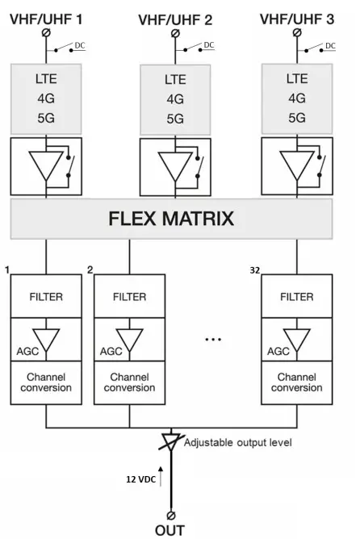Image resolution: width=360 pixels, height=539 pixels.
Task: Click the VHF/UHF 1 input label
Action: coord(46,16)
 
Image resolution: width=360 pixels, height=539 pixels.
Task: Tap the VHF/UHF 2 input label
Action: coord(175,16)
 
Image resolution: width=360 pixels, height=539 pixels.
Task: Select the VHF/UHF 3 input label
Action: coord(298,16)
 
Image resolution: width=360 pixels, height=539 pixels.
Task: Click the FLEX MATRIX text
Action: coord(172,217)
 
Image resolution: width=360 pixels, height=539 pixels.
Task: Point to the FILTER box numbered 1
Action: coord(46,296)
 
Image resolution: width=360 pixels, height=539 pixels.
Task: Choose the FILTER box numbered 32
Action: coord(296,296)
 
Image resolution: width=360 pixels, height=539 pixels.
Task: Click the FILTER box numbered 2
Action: coord(130,296)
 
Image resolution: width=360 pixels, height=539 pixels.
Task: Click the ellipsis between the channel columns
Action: coord(213,340)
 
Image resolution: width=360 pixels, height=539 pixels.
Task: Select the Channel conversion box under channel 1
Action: coord(46,382)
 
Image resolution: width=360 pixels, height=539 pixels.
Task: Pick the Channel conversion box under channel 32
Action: coord(296,382)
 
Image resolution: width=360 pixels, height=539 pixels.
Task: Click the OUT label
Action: coord(170,530)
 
